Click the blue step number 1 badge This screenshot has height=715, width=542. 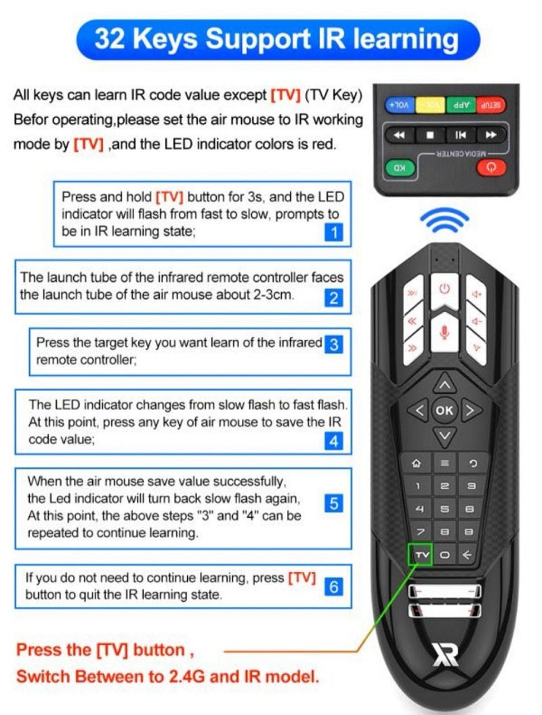pos(334,232)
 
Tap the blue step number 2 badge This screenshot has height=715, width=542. pos(334,298)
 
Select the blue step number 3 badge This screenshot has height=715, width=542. pos(334,344)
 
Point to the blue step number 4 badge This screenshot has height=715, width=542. pos(334,441)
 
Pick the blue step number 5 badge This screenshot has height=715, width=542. pos(334,503)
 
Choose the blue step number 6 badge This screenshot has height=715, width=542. pos(334,586)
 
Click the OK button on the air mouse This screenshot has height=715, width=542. pos(444,411)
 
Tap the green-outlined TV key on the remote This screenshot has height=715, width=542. pos(420,554)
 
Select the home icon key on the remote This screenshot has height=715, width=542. pos(416,464)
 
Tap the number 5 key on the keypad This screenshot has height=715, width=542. pos(444,509)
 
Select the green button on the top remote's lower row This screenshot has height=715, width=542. pos(400,168)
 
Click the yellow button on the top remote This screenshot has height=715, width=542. pos(430,105)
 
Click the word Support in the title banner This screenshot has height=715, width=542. pos(258,39)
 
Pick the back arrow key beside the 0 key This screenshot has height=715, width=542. pos(467,555)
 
